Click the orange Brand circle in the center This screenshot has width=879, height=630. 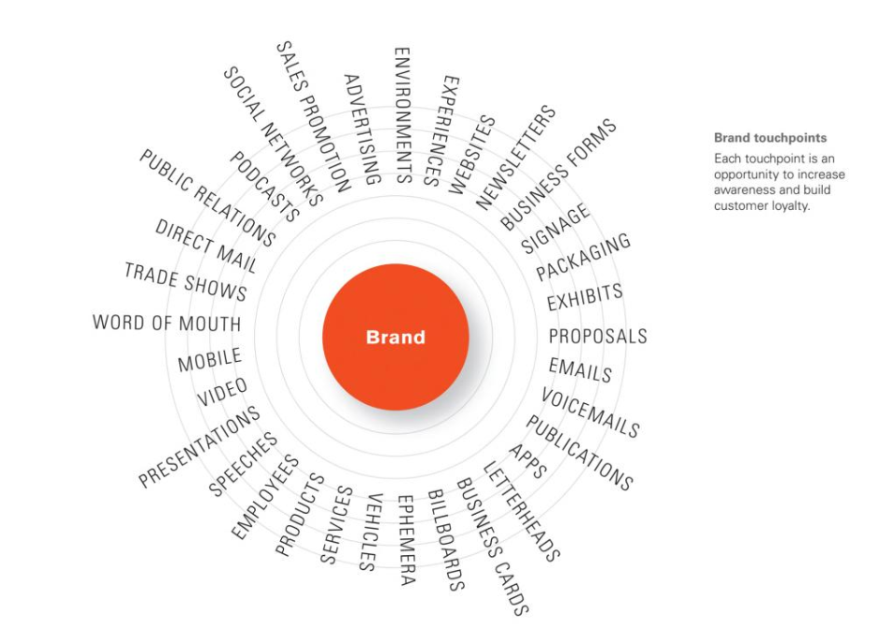coord(395,337)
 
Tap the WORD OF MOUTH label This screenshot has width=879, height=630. coord(167,322)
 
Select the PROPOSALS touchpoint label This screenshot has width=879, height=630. coord(598,336)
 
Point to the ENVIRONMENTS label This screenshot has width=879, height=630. coord(403,115)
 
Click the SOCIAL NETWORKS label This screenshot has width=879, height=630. coord(273,136)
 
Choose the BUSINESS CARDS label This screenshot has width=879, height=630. coord(492,547)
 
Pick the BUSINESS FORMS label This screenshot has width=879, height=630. coord(558,174)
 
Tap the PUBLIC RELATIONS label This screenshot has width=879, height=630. coord(207,198)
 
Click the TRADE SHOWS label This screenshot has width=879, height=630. coord(186,281)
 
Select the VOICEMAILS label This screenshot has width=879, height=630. coord(590,412)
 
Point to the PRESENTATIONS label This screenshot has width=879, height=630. coord(199,446)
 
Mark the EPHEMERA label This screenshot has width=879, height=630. coord(406,540)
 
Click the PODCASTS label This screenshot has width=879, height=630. coord(264,187)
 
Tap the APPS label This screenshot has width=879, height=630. coord(528,461)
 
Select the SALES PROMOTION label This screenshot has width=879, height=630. coord(313,116)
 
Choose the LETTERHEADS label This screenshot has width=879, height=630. coord(521,511)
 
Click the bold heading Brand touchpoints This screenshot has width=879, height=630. coord(770,138)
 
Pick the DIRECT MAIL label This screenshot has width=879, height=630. coord(206,246)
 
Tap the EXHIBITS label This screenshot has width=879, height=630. coord(585,297)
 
